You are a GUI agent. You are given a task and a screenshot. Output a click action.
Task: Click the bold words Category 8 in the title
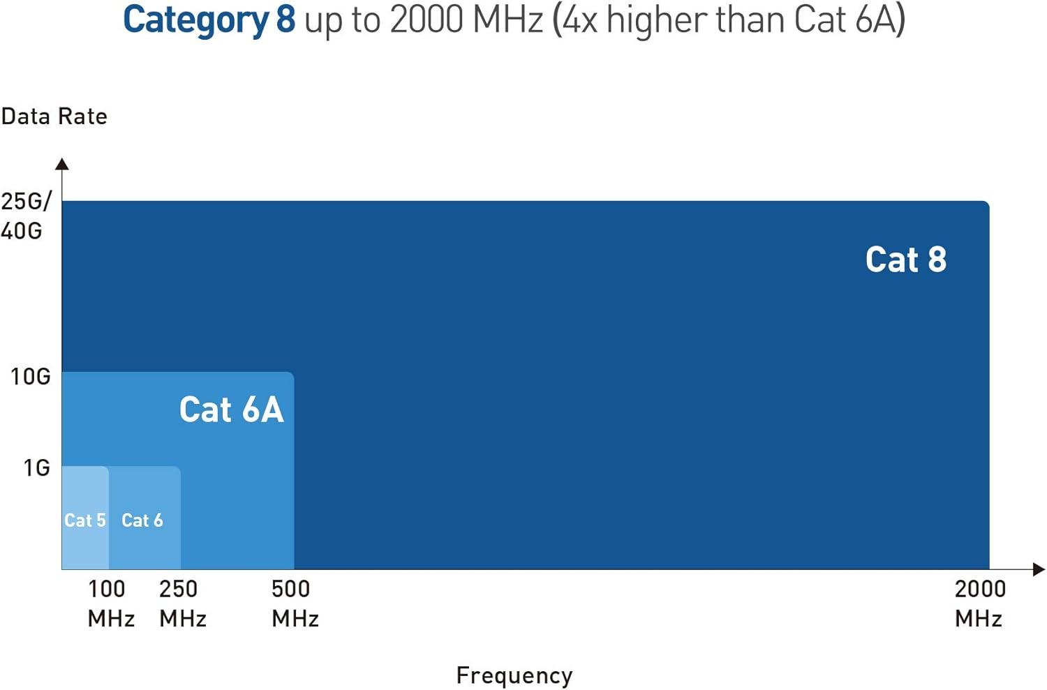pyautogui.click(x=209, y=20)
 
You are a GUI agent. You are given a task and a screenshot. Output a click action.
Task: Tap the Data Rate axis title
pyautogui.click(x=54, y=117)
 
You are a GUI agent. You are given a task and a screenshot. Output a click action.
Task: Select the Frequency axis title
pyautogui.click(x=514, y=675)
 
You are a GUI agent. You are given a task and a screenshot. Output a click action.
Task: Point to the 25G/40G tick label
pyautogui.click(x=25, y=216)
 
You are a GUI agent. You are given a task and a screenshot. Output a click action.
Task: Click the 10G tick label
pyautogui.click(x=31, y=377)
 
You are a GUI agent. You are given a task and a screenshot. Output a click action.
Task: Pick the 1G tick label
pyautogui.click(x=37, y=467)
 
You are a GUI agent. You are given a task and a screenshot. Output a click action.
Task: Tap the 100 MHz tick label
pyautogui.click(x=110, y=603)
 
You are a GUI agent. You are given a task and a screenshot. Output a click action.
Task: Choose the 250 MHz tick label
pyautogui.click(x=182, y=603)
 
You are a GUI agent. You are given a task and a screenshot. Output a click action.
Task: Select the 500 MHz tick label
pyautogui.click(x=295, y=603)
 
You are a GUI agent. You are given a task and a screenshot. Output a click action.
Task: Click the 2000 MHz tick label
pyautogui.click(x=979, y=603)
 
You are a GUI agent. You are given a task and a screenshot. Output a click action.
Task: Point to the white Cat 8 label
pyautogui.click(x=905, y=260)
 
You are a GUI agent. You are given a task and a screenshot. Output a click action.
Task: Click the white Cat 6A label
pyautogui.click(x=231, y=410)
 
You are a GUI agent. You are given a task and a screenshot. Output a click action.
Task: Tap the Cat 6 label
pyautogui.click(x=142, y=520)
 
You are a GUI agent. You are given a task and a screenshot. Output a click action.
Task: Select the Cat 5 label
pyautogui.click(x=84, y=520)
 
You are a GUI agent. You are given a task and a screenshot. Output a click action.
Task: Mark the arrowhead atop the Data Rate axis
pyautogui.click(x=62, y=164)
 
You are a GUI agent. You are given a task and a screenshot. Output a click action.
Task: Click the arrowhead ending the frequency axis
pyautogui.click(x=1039, y=569)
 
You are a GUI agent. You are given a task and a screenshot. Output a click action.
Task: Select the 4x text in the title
pyautogui.click(x=579, y=20)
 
